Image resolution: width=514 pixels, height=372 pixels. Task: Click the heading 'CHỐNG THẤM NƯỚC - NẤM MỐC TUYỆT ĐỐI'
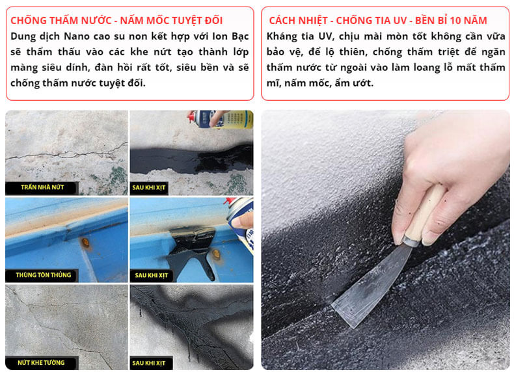116,20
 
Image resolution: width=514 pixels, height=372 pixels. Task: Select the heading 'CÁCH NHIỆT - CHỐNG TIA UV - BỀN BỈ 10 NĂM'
378,20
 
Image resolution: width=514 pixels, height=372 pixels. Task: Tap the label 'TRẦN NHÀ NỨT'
42,187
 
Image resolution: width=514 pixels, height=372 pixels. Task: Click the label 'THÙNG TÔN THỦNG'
44,274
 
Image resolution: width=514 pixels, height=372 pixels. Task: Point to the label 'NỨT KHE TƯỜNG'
41,362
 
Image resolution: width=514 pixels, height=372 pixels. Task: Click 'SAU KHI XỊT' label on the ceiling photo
149,188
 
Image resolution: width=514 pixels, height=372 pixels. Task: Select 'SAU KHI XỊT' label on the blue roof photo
151,275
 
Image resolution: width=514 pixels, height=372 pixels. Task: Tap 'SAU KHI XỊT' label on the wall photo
149,363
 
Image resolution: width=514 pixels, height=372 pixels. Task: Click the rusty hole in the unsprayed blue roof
85,243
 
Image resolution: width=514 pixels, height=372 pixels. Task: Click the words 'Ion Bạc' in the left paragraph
230,36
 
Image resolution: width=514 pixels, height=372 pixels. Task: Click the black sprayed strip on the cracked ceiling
192,159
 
